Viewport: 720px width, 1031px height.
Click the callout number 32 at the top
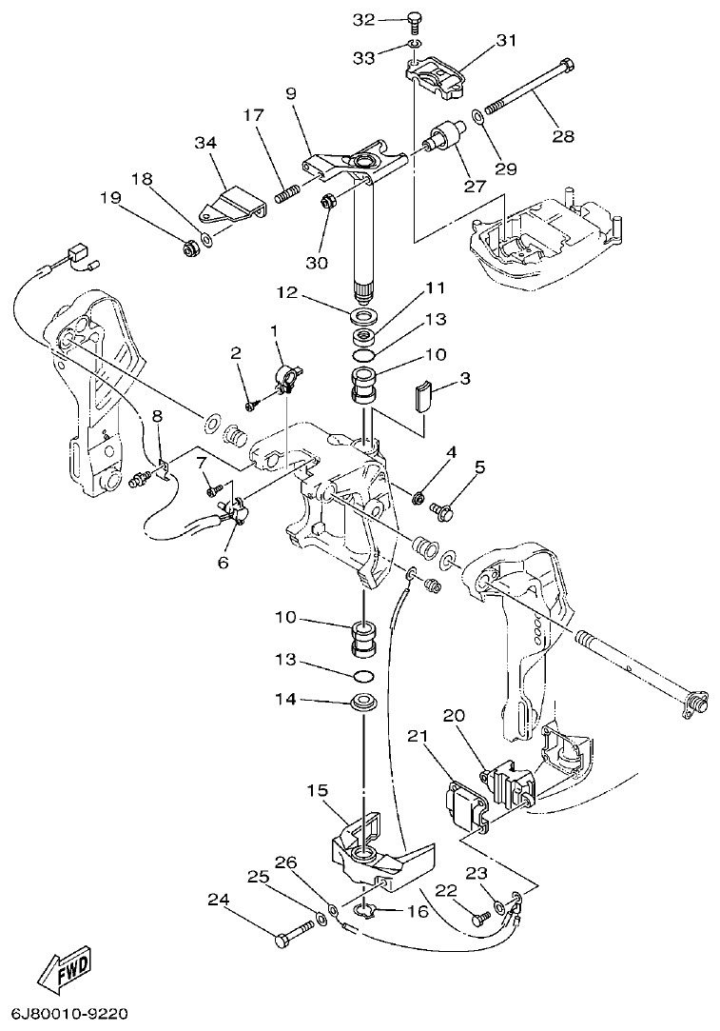[x=364, y=19]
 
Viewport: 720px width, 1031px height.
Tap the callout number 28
[x=563, y=136]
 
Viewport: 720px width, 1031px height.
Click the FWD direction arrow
[x=65, y=971]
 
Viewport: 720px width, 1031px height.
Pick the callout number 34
[x=205, y=143]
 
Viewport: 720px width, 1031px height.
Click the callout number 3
[x=464, y=379]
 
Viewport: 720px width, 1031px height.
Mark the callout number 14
[x=286, y=700]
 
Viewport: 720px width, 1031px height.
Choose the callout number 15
[x=318, y=791]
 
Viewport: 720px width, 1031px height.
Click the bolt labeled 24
[x=294, y=932]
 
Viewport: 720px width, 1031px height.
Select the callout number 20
[x=454, y=715]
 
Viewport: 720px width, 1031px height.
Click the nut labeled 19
[x=188, y=248]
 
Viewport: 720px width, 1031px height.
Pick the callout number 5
[x=479, y=466]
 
